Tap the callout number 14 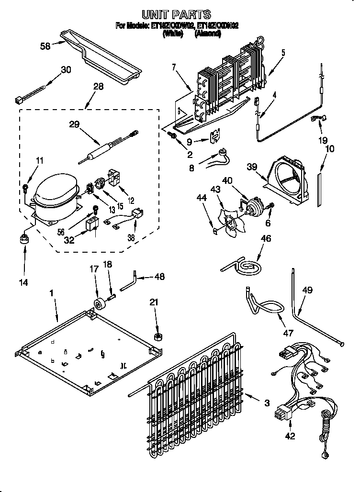click(x=23, y=282)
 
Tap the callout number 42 click(x=290, y=436)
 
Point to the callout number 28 click(x=98, y=87)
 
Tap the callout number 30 click(x=66, y=70)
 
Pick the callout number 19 click(x=323, y=140)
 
